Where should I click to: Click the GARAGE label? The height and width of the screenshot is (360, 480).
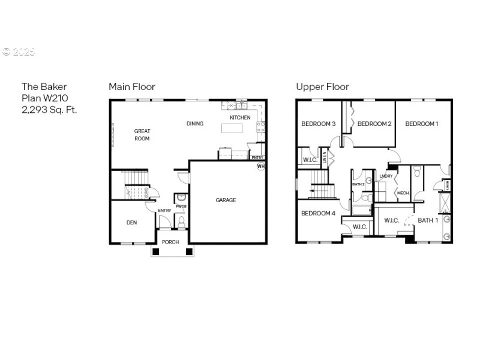(226, 200)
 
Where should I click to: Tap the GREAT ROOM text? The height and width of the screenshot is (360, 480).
(142, 134)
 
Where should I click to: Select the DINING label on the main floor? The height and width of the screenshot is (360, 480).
(194, 124)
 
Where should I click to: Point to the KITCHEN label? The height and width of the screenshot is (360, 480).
(240, 118)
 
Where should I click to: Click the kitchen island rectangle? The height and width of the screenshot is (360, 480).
(235, 128)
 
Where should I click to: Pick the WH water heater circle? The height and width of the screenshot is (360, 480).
(261, 166)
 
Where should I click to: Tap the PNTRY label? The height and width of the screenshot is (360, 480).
(257, 158)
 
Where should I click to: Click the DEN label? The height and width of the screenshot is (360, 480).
(131, 223)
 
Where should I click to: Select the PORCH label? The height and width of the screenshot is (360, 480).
(170, 242)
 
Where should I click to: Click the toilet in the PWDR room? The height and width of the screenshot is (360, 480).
(181, 221)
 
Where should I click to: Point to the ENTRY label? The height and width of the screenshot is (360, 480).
(164, 211)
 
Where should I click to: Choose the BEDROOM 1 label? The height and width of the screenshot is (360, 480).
(422, 124)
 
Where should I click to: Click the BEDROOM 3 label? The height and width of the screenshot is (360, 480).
(318, 124)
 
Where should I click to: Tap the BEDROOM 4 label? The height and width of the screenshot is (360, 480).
(318, 213)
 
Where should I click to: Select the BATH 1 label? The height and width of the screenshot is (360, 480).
(428, 220)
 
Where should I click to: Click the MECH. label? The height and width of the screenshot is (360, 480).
(403, 193)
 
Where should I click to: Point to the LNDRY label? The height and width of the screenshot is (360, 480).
(386, 176)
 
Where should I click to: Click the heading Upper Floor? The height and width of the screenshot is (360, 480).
(322, 86)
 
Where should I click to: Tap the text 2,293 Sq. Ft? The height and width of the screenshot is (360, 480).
(49, 109)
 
